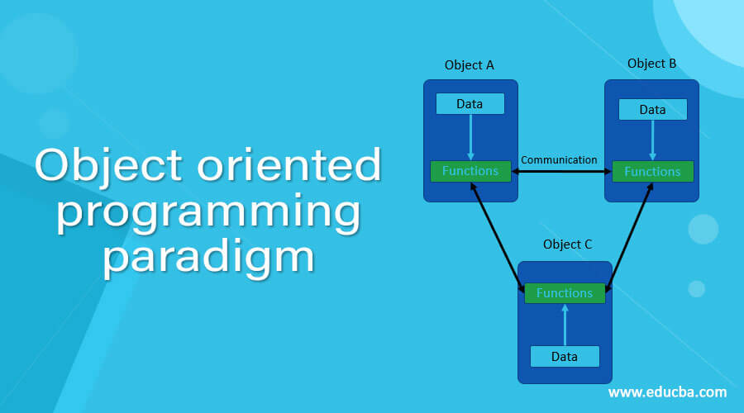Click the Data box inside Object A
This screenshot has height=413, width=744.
pyautogui.click(x=470, y=103)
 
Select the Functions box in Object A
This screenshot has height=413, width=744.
pyautogui.click(x=470, y=171)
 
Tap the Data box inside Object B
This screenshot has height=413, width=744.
pyautogui.click(x=652, y=110)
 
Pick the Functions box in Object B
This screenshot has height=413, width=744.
pyautogui.click(x=652, y=172)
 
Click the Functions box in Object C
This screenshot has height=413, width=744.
pyautogui.click(x=565, y=293)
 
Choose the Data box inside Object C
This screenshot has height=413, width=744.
pyautogui.click(x=565, y=356)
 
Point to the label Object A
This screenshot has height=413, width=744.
pyautogui.click(x=469, y=65)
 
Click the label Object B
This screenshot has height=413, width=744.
pyautogui.click(x=652, y=64)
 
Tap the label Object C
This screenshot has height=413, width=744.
pyautogui.click(x=567, y=244)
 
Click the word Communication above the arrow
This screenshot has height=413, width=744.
pyautogui.click(x=559, y=159)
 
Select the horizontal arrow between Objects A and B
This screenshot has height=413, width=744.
pyautogui.click(x=561, y=172)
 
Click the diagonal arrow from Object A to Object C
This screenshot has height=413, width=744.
pyautogui.click(x=498, y=235)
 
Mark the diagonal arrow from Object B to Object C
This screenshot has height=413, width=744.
pyautogui.click(x=630, y=235)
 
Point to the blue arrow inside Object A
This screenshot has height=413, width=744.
pyautogui.click(x=470, y=136)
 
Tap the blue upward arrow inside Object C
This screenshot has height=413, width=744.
pyautogui.click(x=565, y=325)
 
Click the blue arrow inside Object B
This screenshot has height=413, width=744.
pyautogui.click(x=652, y=140)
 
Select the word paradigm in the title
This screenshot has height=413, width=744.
pyautogui.click(x=209, y=257)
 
